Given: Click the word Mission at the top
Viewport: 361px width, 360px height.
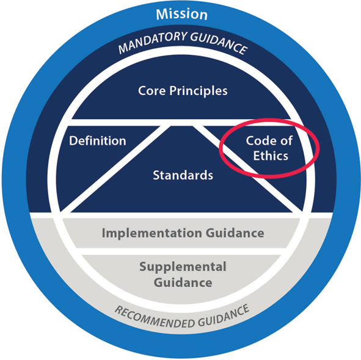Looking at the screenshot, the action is tap(181, 14).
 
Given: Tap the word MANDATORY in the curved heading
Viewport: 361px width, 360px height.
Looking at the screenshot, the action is tap(153, 42).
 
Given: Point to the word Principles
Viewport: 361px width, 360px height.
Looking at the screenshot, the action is tap(199, 91).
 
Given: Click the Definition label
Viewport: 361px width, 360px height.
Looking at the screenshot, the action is tap(98, 140).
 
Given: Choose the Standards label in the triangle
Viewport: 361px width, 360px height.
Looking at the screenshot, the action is tap(183, 175).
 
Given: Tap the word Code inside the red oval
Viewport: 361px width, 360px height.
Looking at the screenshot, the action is tap(260, 140).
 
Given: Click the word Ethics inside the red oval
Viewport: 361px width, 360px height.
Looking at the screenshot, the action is tap(271, 156).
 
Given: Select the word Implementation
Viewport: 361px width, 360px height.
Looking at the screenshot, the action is tap(152, 233).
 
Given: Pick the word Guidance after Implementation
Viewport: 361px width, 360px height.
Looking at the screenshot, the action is tap(235, 233).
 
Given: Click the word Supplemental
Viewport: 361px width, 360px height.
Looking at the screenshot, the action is tap(183, 267).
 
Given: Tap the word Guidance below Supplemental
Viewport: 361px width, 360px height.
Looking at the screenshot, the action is tap(183, 283).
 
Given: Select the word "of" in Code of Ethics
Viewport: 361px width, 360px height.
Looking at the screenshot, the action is tap(286, 140).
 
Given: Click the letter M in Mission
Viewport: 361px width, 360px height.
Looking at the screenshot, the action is tap(162, 14).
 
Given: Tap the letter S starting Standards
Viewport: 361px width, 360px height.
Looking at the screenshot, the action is tap(156, 175).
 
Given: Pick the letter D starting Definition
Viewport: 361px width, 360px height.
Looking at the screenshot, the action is tap(73, 140).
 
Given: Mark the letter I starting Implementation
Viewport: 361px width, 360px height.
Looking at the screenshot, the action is tap(103, 233).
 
